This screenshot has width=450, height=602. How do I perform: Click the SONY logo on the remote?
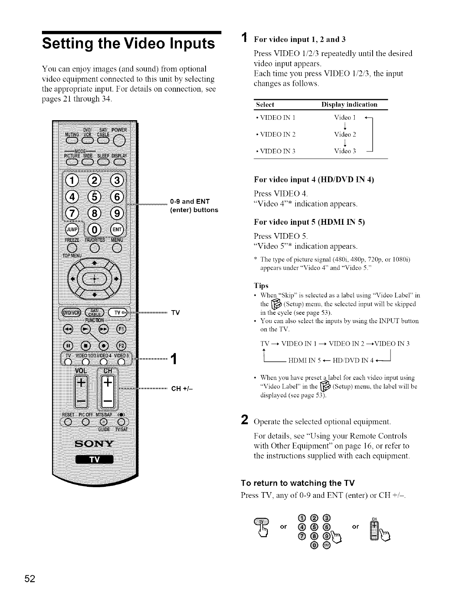95,443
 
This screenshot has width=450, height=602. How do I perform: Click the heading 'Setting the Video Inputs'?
129,43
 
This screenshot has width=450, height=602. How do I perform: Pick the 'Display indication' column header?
349,105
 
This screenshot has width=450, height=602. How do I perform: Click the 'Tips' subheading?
261,286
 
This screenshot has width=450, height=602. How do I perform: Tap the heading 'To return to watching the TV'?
298,483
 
